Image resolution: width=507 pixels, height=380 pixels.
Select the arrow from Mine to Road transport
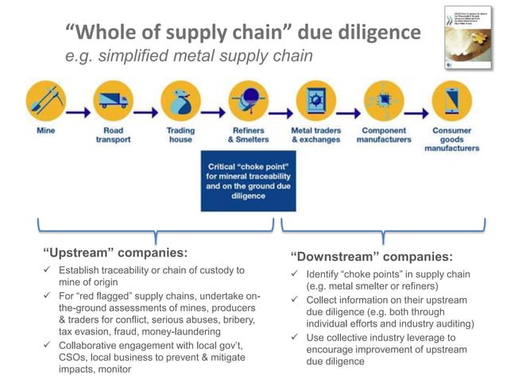(79, 104)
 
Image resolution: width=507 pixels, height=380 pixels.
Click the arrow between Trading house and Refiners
(214, 104)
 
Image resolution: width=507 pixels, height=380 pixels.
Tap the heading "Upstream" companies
(115, 254)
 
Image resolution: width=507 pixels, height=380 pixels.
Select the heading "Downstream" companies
(372, 256)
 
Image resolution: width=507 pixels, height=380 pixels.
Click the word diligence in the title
(380, 33)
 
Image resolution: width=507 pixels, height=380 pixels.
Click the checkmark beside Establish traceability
(49, 271)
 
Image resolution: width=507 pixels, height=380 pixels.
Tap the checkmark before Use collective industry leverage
(293, 338)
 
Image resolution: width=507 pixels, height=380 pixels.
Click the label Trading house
(180, 134)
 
